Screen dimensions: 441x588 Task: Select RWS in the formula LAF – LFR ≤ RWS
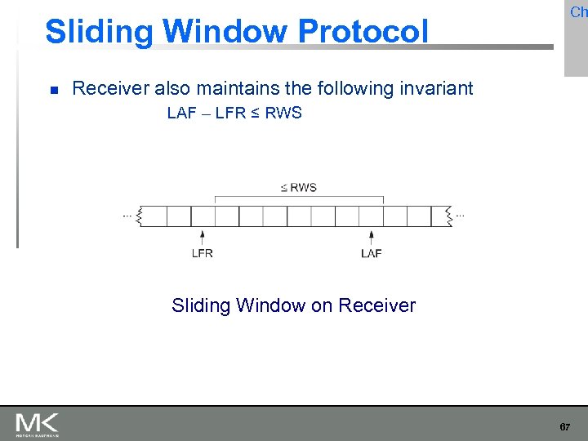283,114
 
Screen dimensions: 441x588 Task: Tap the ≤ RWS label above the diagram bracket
299,188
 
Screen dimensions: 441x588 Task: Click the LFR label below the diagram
203,253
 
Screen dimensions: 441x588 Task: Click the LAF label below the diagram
372,253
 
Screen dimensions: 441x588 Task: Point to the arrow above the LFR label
203,237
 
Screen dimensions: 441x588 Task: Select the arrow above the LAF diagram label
372,237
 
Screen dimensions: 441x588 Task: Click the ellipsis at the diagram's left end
127,215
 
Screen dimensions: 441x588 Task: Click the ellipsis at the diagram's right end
461,215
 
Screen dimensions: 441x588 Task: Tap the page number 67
564,427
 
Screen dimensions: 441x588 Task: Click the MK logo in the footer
37,424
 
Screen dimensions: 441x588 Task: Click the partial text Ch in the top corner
578,12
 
